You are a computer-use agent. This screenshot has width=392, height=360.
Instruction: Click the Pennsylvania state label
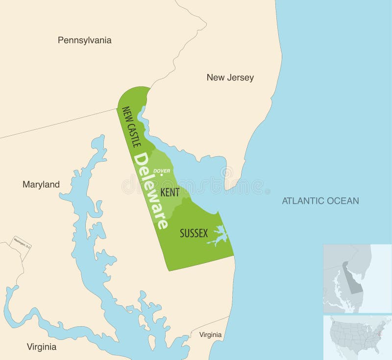pos(84,40)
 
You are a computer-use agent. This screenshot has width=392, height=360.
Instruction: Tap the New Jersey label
pos(230,77)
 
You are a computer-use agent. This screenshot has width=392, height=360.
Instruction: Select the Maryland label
pos(41,185)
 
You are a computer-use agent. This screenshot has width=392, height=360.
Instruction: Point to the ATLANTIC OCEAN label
pos(320,200)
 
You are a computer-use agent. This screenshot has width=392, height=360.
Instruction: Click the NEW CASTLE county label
pos(131,127)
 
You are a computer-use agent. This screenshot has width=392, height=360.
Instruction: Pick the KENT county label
pos(170,192)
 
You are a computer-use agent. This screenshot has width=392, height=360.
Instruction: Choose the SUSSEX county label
pos(194,233)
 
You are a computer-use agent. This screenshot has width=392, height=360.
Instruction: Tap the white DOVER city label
pos(162,171)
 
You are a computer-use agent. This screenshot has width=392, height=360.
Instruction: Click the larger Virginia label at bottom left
pos(41,347)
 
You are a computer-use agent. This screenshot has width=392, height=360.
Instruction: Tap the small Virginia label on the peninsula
pos(210,335)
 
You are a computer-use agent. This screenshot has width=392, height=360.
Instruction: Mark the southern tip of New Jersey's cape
pos(233,188)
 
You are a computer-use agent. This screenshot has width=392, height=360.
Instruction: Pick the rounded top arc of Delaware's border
pos(134,90)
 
